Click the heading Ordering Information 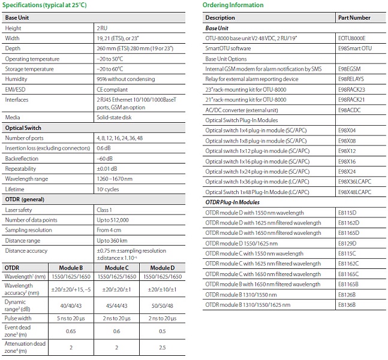[x=233, y=5]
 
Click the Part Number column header [x=354, y=18]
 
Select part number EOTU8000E [x=351, y=38]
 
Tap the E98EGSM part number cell [x=350, y=69]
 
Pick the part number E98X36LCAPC [x=355, y=181]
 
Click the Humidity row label [x=16, y=79]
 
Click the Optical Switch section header [x=23, y=128]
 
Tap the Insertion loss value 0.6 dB [x=104, y=149]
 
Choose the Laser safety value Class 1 [x=105, y=210]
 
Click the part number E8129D [x=347, y=243]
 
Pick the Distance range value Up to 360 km [x=113, y=240]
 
